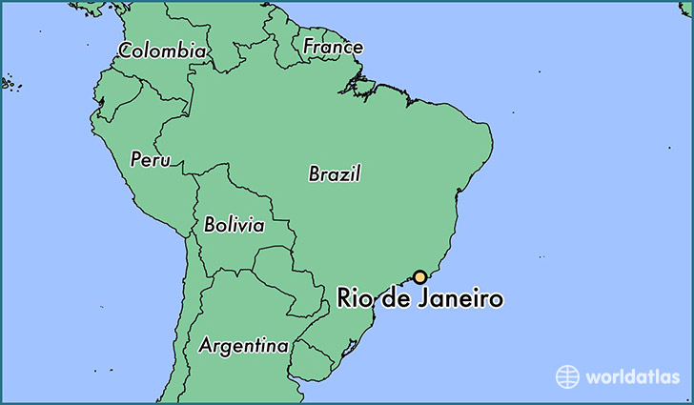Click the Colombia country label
click(x=162, y=51)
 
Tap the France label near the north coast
click(x=333, y=46)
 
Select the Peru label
click(x=151, y=159)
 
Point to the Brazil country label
click(x=335, y=173)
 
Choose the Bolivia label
click(x=234, y=226)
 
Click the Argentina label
click(x=243, y=345)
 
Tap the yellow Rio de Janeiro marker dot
click(x=418, y=277)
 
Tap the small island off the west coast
click(x=8, y=84)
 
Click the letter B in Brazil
click(x=315, y=173)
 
